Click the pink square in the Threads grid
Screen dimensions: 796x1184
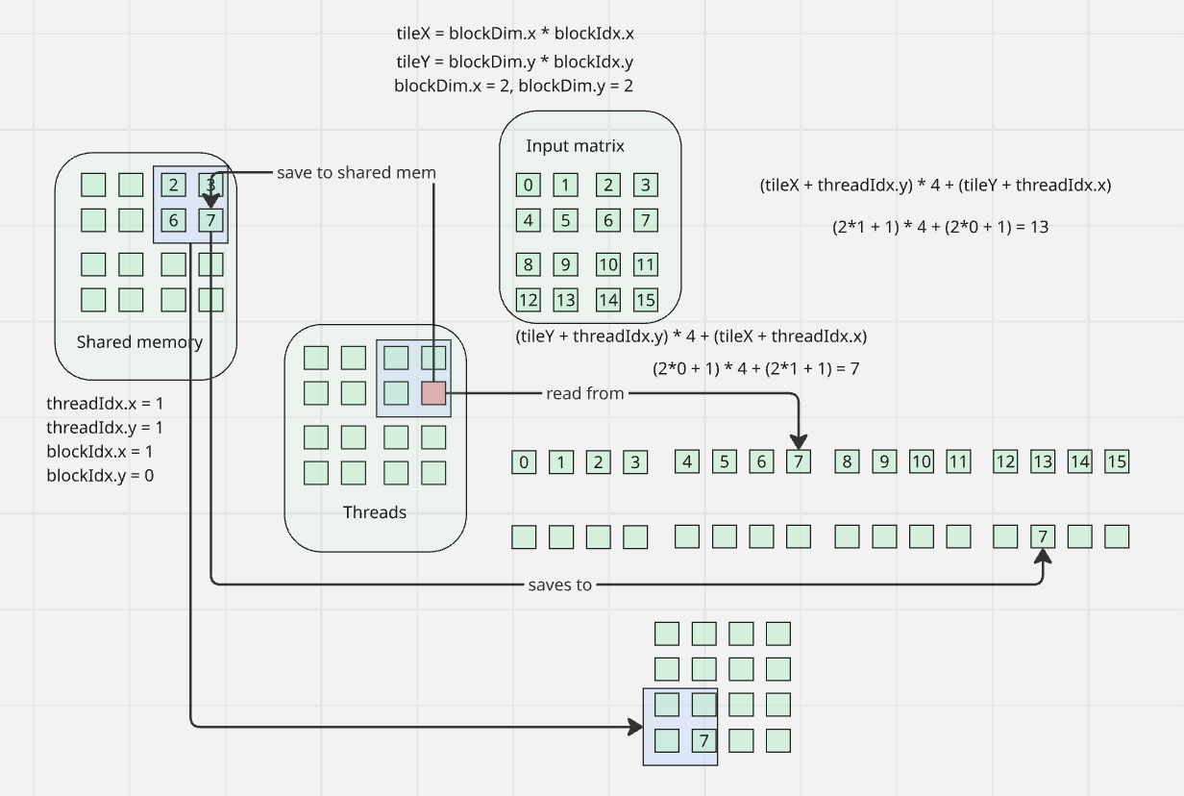click(x=434, y=393)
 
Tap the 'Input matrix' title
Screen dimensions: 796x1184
click(x=575, y=146)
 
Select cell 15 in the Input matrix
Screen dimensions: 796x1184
click(x=646, y=299)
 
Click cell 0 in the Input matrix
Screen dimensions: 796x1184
click(x=528, y=186)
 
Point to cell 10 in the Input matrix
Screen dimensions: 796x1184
click(x=607, y=264)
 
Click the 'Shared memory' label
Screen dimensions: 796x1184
click(x=139, y=341)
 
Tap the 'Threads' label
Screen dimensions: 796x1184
click(x=375, y=512)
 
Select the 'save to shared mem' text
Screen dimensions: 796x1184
click(x=357, y=173)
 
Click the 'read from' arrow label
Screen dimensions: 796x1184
click(x=585, y=393)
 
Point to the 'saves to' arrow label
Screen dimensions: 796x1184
click(x=560, y=584)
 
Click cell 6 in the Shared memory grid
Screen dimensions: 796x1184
click(x=173, y=220)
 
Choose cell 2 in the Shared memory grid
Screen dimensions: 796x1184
click(x=173, y=185)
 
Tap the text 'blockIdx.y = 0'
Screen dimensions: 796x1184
click(x=100, y=475)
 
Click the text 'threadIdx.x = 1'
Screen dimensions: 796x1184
click(x=105, y=403)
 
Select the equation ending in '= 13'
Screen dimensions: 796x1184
click(x=940, y=228)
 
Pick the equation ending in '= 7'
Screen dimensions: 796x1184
click(x=755, y=368)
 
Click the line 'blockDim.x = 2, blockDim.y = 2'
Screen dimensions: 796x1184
click(x=513, y=86)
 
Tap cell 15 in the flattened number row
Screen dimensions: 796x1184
click(x=1117, y=461)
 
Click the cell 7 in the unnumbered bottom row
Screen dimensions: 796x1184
click(x=1043, y=536)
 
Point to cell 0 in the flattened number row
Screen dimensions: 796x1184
click(x=524, y=462)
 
